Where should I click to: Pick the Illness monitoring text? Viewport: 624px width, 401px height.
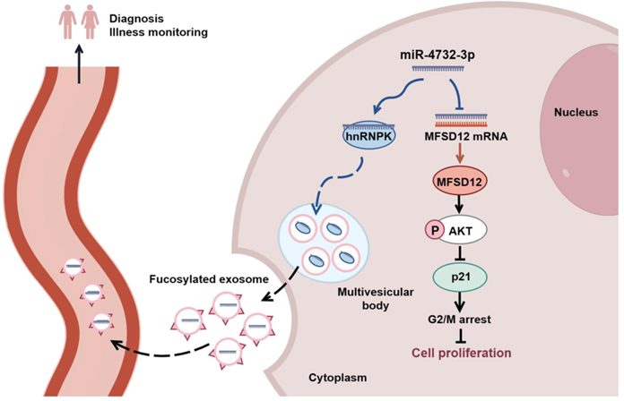152,32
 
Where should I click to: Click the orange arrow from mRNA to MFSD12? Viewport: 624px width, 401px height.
460,154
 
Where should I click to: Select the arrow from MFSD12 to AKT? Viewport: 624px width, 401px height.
460,206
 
